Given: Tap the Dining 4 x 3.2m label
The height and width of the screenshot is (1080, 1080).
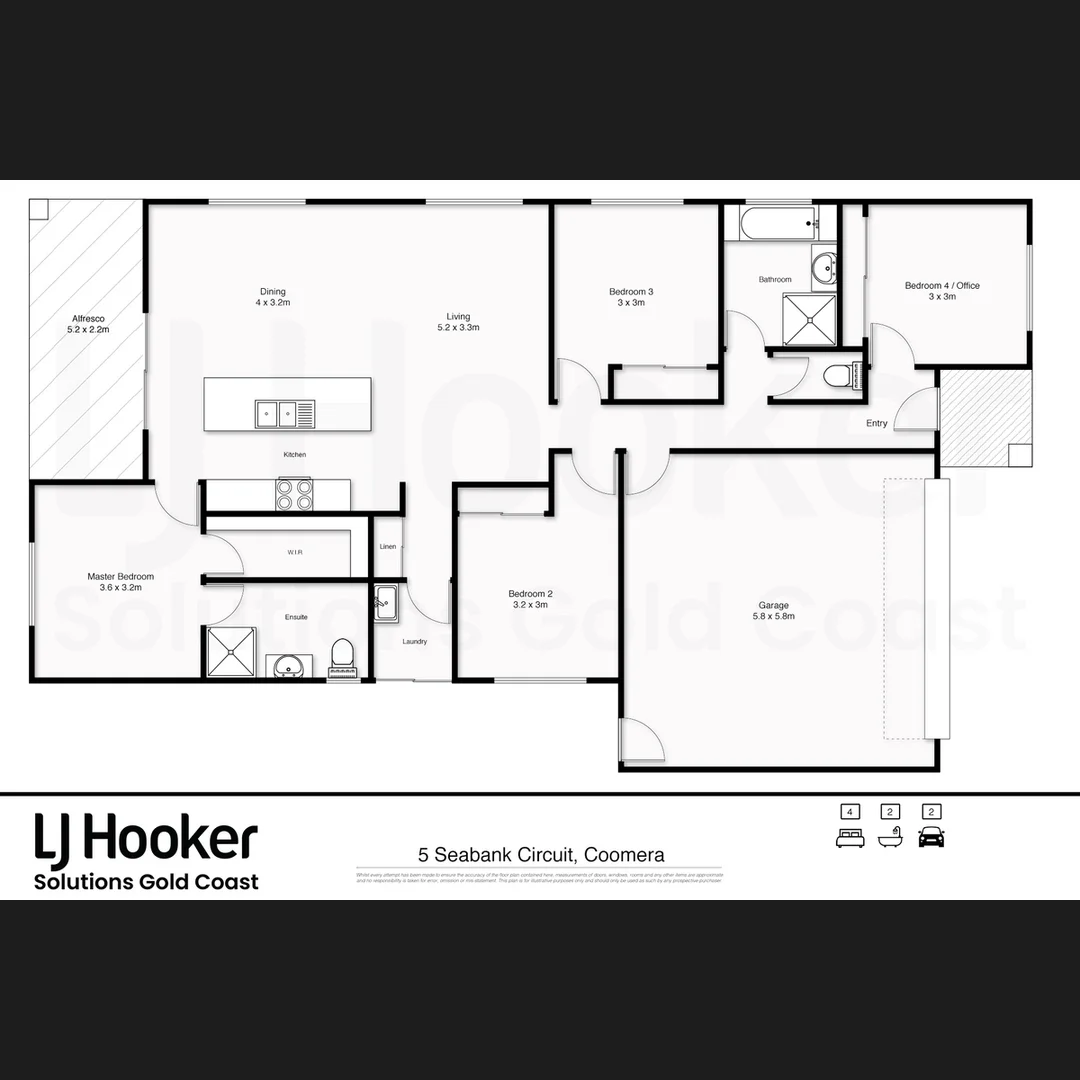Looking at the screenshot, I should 273,297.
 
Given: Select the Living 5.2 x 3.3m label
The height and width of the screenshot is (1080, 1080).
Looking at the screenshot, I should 458,322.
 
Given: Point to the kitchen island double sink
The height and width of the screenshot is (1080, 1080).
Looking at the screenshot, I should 277,411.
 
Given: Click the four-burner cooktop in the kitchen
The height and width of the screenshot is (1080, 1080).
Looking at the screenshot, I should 294,494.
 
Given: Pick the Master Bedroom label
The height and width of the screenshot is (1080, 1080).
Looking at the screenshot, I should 120,582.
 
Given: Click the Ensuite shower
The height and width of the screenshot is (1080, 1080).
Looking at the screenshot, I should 231,652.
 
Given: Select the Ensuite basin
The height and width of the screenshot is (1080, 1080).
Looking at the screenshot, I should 290,665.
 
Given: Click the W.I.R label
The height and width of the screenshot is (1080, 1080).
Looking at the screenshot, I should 295,552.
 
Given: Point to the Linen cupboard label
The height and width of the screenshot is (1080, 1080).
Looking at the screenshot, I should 388,546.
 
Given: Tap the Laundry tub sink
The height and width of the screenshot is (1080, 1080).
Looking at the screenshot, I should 386,604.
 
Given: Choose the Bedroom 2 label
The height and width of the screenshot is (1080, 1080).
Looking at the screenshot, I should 530,599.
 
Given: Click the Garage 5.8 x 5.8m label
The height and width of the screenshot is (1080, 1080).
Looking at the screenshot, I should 773,610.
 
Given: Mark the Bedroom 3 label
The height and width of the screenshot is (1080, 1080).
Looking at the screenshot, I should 631,297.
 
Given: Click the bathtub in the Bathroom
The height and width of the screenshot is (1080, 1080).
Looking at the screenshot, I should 778,222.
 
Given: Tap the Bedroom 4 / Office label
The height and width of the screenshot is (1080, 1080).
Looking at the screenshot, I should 942,291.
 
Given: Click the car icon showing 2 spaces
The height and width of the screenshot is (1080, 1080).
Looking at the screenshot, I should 931,837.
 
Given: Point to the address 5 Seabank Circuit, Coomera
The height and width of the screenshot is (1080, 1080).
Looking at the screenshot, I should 541,855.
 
